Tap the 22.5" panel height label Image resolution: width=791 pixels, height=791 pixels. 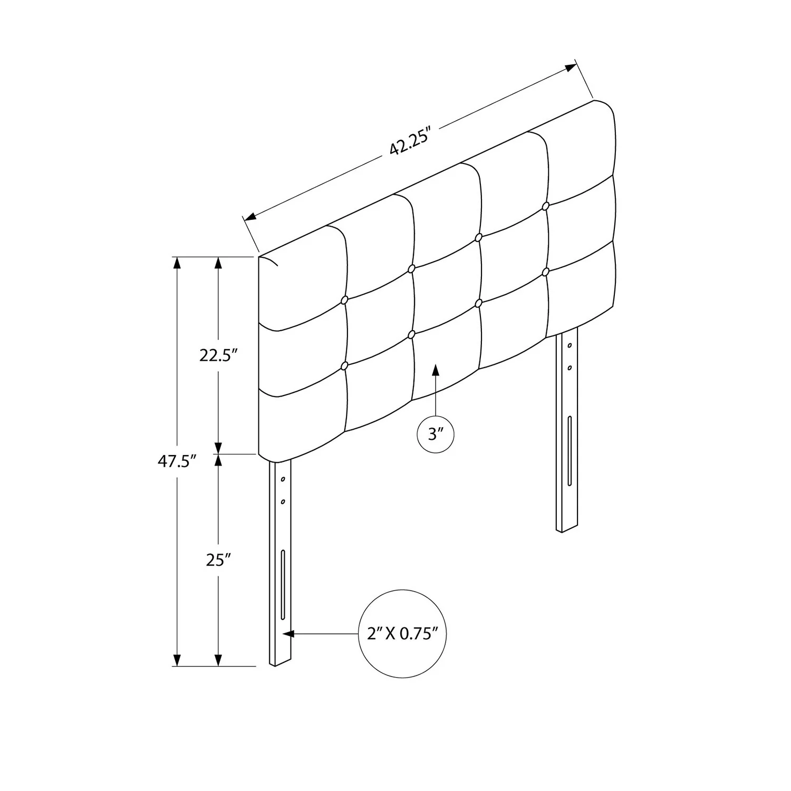pos(216,355)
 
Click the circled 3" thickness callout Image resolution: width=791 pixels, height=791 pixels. pos(436,435)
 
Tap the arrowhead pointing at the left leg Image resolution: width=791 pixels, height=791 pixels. pos(288,633)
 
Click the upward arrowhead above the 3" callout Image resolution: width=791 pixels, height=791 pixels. pos(436,371)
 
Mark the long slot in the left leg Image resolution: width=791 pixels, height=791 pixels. pos(283,585)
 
